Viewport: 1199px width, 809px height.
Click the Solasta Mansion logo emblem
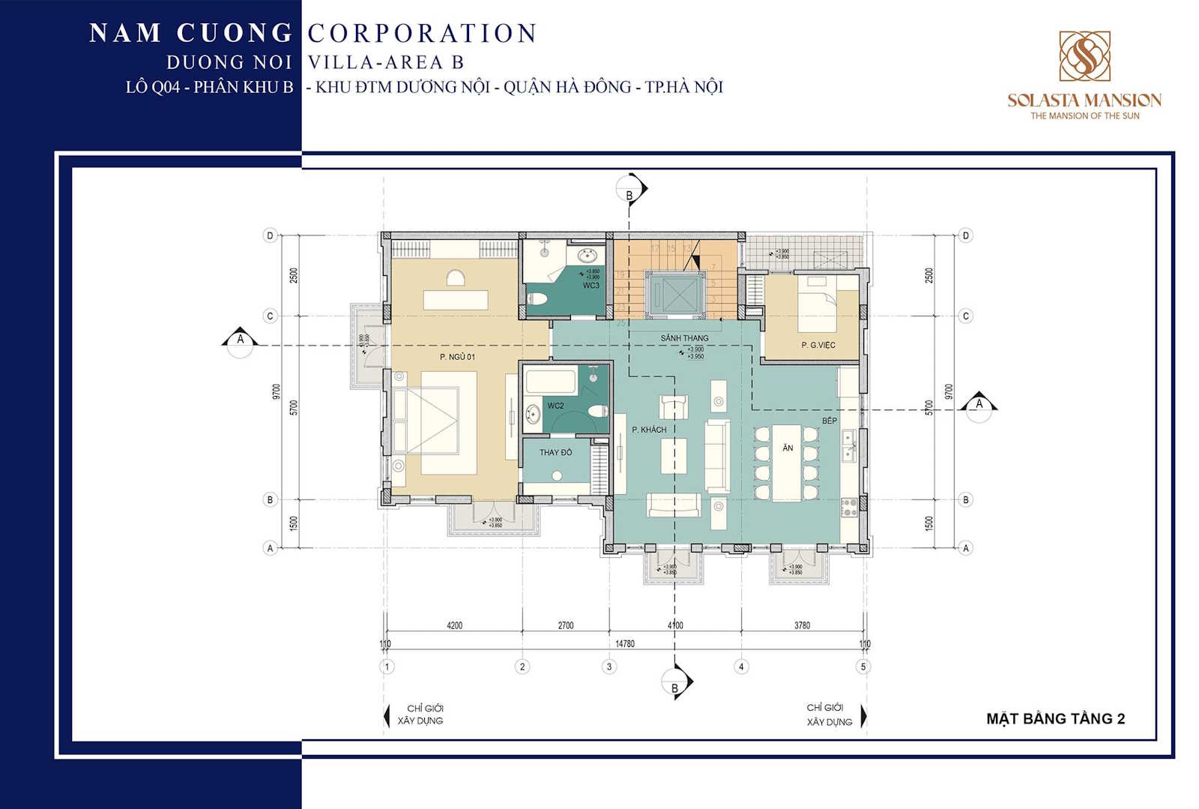(1084, 56)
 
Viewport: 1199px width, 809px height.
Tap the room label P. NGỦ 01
(457, 357)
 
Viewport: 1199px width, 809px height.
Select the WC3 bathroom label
(591, 286)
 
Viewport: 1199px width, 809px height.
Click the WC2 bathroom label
(555, 406)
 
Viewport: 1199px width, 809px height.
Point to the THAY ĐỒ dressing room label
(555, 452)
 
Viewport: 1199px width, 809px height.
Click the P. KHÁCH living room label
(648, 430)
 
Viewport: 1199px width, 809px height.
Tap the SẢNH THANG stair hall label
(684, 338)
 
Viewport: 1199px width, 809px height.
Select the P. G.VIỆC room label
(818, 345)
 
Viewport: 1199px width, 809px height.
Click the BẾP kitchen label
(829, 421)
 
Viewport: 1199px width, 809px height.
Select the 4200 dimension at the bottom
(454, 625)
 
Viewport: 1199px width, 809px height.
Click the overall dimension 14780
(624, 643)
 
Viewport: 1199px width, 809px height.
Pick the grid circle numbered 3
(609, 667)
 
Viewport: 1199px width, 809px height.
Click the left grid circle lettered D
(271, 235)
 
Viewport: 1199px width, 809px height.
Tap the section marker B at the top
(629, 195)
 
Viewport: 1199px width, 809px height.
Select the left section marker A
(240, 340)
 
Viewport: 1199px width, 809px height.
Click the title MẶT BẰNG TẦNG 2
(1055, 718)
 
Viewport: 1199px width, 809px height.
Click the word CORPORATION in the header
(422, 33)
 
